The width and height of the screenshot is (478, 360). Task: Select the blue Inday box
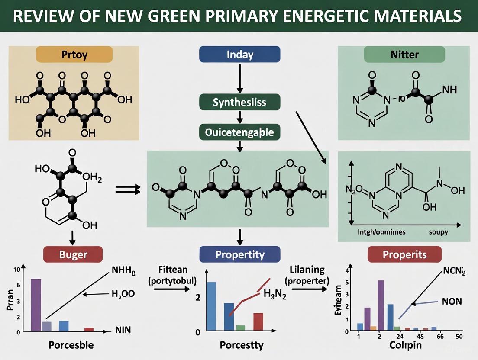(239, 55)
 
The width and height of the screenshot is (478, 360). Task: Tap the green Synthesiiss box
(239, 102)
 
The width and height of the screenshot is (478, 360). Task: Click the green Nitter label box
(404, 55)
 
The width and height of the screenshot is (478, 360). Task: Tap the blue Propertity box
(239, 254)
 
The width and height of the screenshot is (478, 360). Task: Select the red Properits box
(404, 254)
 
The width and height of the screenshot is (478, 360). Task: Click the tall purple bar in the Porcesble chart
(36, 305)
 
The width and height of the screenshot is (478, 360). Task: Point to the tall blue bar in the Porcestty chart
(212, 306)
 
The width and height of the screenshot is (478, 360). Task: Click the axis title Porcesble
(71, 346)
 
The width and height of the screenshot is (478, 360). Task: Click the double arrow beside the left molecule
(129, 189)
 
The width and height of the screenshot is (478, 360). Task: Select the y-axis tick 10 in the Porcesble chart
(17, 269)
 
